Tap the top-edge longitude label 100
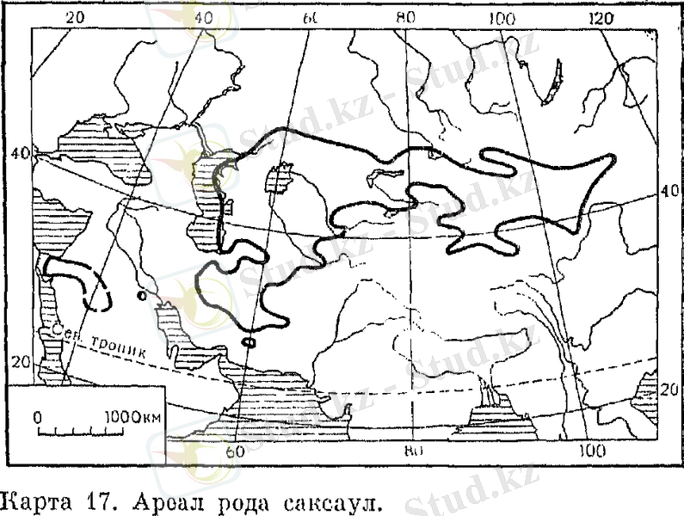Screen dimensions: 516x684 click(x=502, y=19)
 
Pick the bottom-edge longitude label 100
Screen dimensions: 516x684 click(x=591, y=451)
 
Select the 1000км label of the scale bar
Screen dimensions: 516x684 click(x=132, y=416)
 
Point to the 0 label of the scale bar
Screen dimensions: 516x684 click(x=38, y=416)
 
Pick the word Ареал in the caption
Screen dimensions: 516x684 click(x=147, y=499)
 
